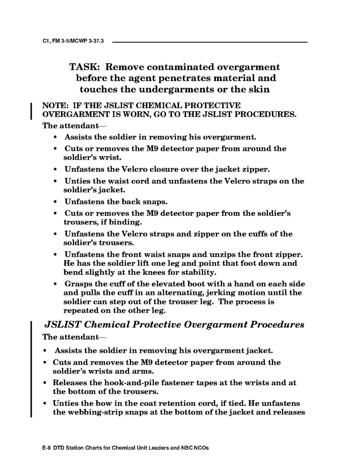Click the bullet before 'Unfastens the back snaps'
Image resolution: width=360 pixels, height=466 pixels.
(57, 202)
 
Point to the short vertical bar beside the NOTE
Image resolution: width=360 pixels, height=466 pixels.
(31, 110)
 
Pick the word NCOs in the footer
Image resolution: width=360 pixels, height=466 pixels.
(200, 448)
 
